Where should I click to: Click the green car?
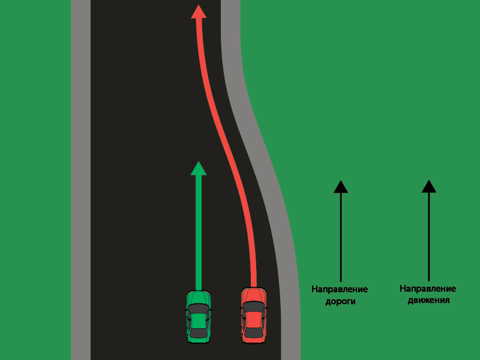(x=199, y=316)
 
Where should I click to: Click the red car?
(x=254, y=316)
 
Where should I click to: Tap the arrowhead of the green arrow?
(x=199, y=168)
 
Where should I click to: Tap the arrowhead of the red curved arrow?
(x=199, y=11)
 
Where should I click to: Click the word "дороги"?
(x=340, y=302)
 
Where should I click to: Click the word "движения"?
(x=428, y=300)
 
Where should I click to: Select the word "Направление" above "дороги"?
(x=340, y=290)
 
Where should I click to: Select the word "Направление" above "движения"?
(x=428, y=289)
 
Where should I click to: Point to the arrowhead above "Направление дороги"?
(x=341, y=187)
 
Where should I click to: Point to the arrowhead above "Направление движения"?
(x=428, y=186)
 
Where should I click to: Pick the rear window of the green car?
(x=199, y=332)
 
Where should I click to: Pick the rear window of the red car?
(x=254, y=332)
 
